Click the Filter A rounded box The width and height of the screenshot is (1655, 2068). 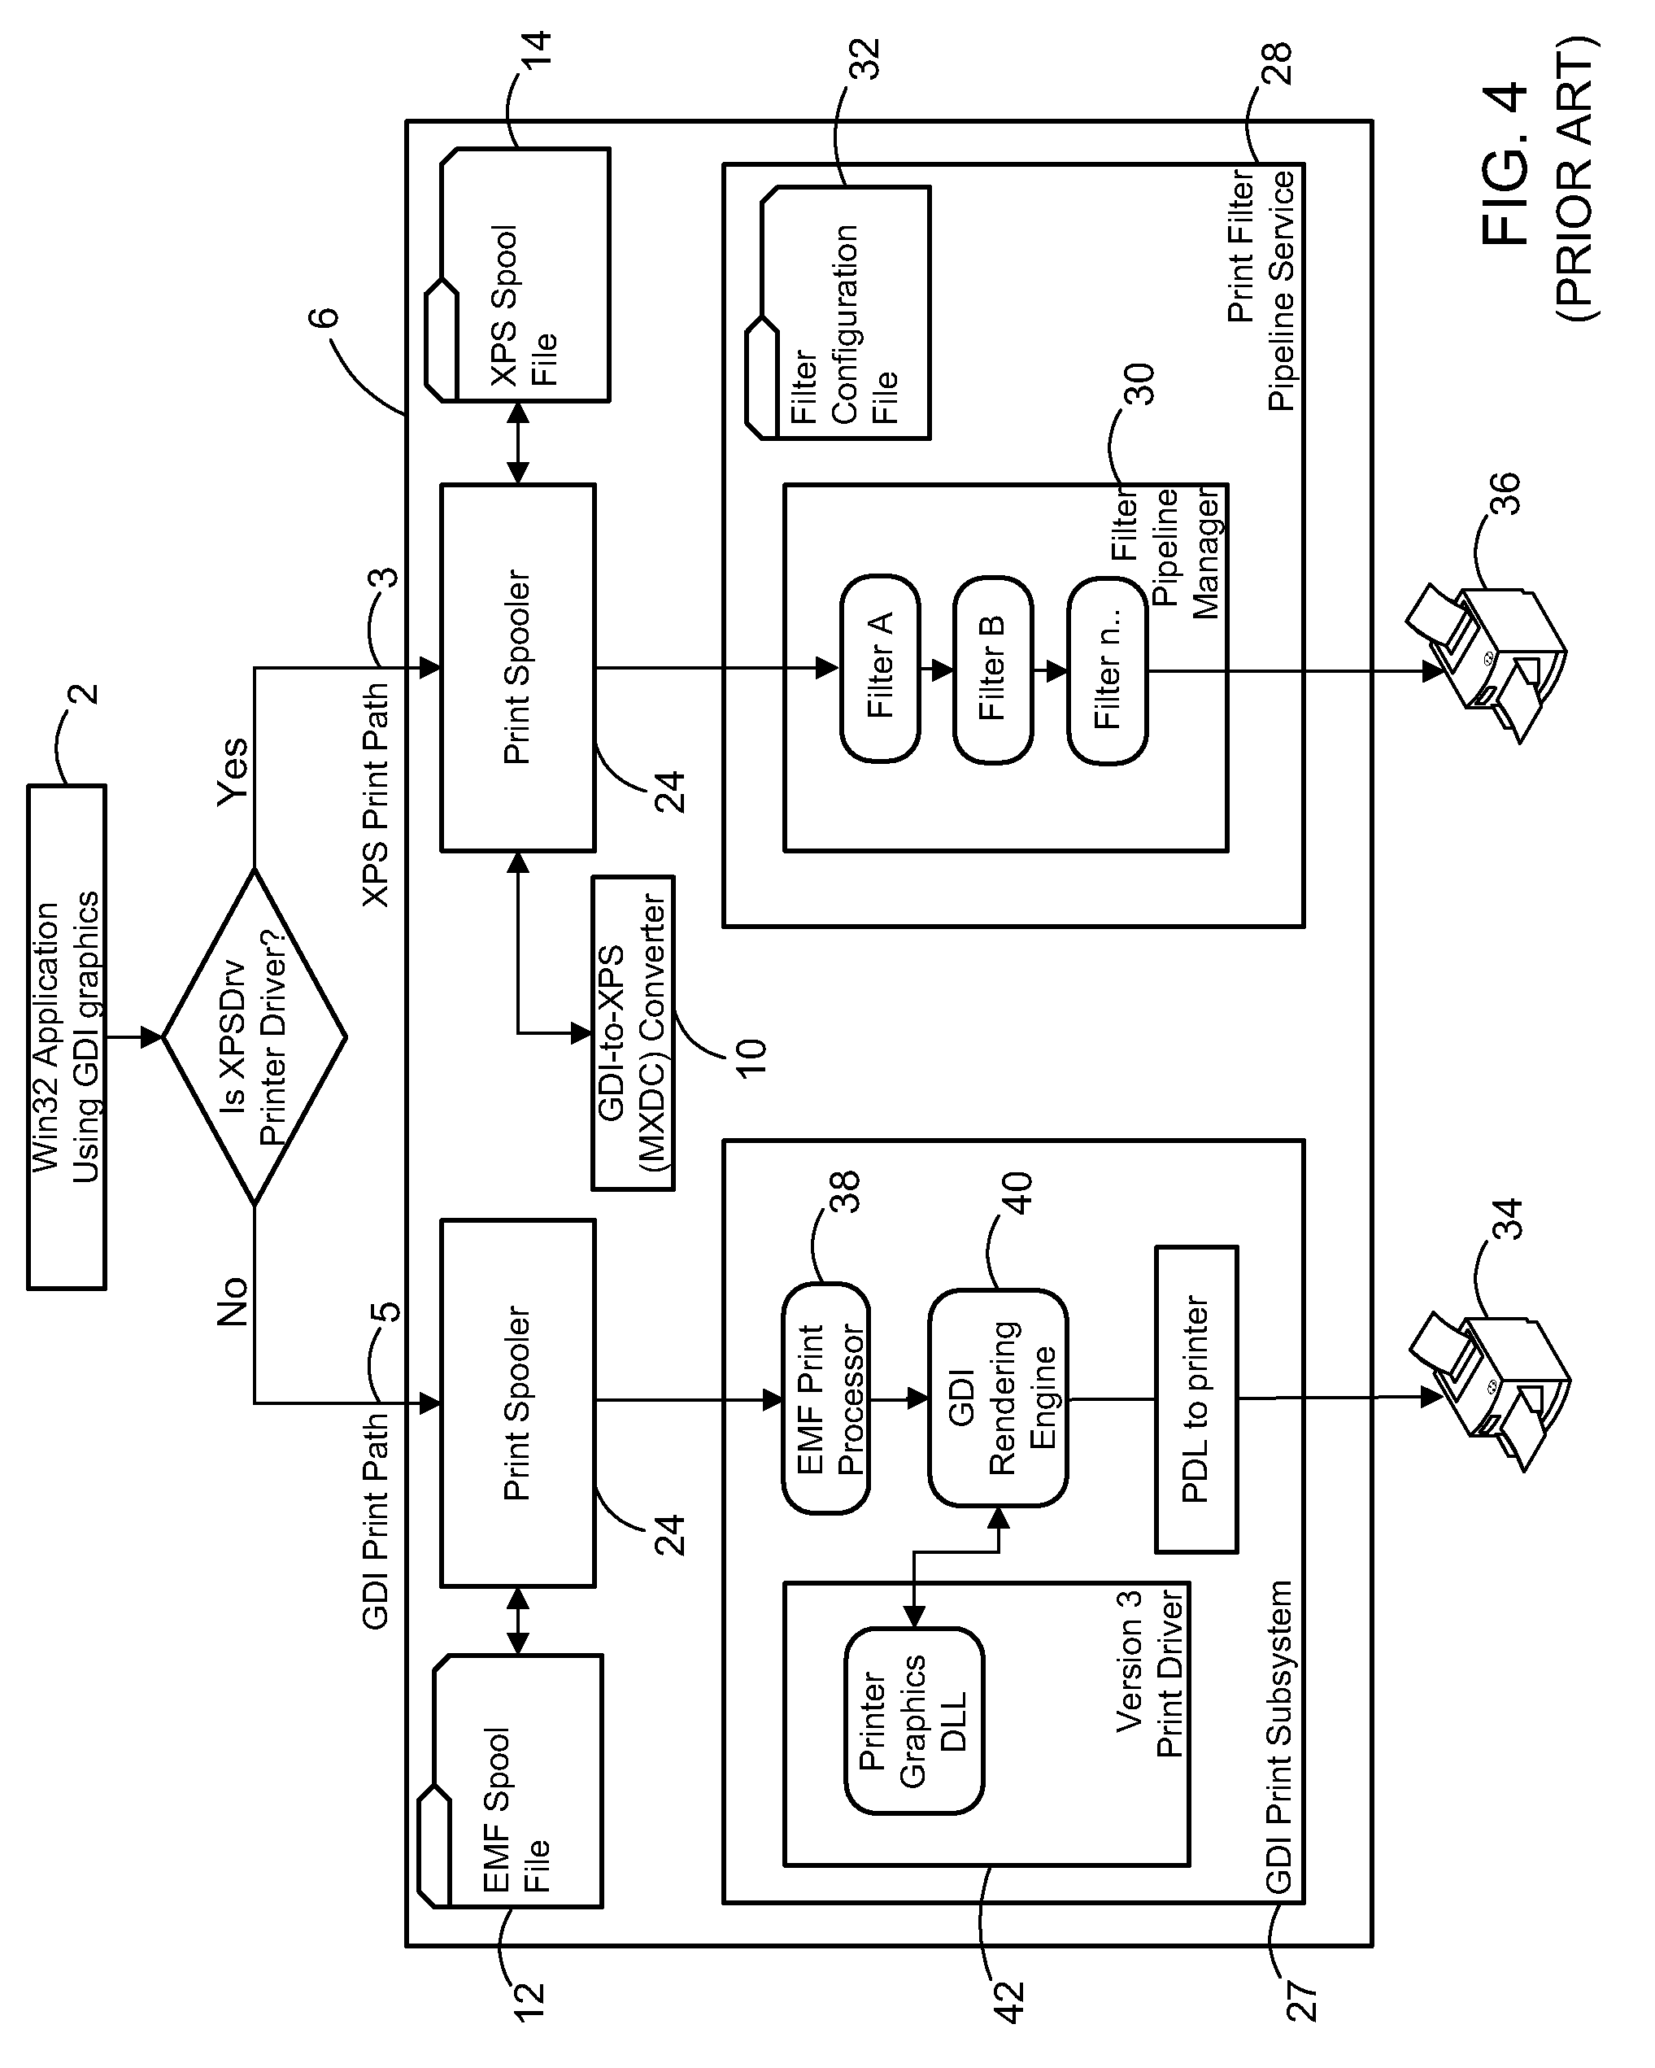[879, 669]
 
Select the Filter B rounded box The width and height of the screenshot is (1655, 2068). [992, 670]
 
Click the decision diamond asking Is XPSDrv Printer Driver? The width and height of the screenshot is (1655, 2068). [254, 1036]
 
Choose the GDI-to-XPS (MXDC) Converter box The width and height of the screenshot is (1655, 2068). [633, 1033]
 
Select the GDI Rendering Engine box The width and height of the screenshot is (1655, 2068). [998, 1398]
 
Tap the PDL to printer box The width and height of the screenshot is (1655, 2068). [1196, 1398]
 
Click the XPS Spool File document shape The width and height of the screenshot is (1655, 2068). [525, 275]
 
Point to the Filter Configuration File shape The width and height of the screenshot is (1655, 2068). [845, 312]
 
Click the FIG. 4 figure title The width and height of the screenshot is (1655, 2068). [1505, 163]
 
